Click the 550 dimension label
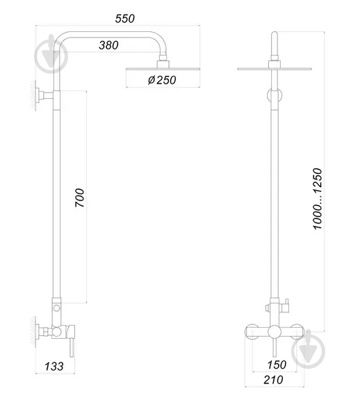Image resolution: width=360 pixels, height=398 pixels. point(124,19)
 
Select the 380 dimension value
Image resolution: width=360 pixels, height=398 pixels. point(108,45)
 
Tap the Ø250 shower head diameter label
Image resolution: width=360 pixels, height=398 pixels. point(162,80)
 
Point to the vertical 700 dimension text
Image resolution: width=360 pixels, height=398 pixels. point(80,198)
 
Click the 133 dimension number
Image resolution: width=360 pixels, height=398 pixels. point(54,366)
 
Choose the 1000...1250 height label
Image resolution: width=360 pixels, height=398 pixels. point(317,199)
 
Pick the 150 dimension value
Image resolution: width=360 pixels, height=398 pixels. point(277,365)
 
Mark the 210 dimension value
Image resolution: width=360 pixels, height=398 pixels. point(273,380)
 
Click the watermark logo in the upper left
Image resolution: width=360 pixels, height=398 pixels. point(51,54)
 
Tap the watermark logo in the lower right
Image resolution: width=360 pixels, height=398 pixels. point(308,349)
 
